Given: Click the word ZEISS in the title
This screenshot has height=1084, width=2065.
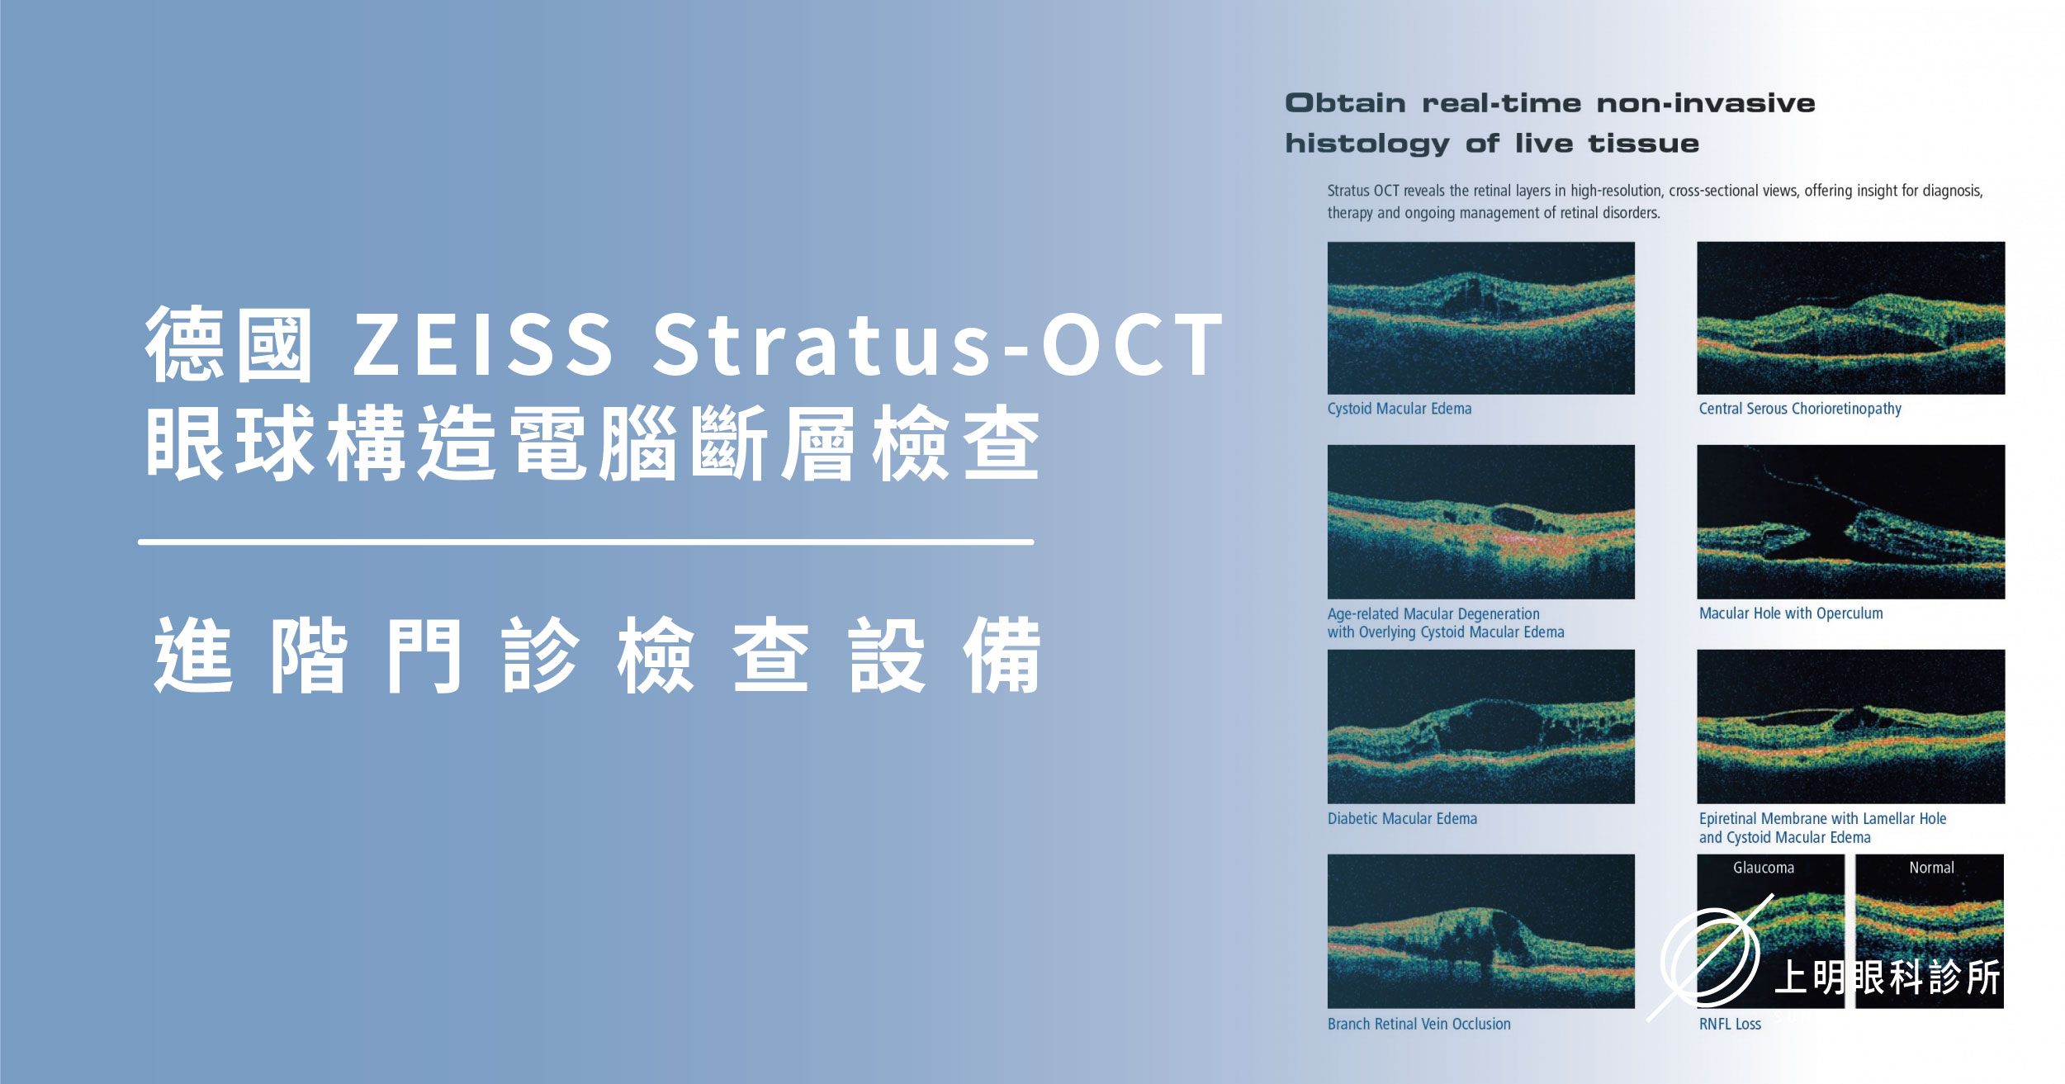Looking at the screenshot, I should [x=483, y=345].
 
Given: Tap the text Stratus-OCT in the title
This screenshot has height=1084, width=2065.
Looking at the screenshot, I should [x=937, y=345].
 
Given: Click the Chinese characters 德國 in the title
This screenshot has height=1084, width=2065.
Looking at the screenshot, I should [x=230, y=345].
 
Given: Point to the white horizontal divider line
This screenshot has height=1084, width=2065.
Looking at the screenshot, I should [x=585, y=542].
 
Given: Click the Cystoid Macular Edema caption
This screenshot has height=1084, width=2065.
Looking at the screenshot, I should [x=1399, y=409].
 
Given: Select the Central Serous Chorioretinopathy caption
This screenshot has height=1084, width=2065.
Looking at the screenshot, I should [x=1799, y=409].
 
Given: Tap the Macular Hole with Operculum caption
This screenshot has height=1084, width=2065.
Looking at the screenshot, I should [x=1790, y=613].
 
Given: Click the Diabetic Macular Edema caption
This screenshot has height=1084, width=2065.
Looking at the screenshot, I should [x=1402, y=819].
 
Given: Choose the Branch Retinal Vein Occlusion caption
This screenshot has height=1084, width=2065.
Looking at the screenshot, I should [x=1419, y=1024].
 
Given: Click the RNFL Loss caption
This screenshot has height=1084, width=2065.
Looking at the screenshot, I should [x=1730, y=1025].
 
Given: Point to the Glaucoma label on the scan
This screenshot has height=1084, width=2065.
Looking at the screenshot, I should [x=1763, y=868].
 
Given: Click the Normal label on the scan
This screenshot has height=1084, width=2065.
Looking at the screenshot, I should [x=1930, y=868].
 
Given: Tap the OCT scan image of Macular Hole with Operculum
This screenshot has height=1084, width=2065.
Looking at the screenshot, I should [x=1850, y=522].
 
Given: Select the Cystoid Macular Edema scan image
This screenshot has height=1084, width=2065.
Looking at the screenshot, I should [x=1480, y=318].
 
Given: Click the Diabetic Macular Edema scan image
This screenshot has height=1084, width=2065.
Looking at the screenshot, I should [x=1480, y=727].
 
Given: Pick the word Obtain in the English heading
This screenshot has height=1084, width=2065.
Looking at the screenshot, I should [x=1344, y=103].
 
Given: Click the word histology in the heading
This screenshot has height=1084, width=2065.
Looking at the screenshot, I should [x=1366, y=144].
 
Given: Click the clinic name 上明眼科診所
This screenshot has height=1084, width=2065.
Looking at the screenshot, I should [x=1887, y=978].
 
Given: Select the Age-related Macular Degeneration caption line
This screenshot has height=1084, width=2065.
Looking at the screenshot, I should [x=1433, y=614].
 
